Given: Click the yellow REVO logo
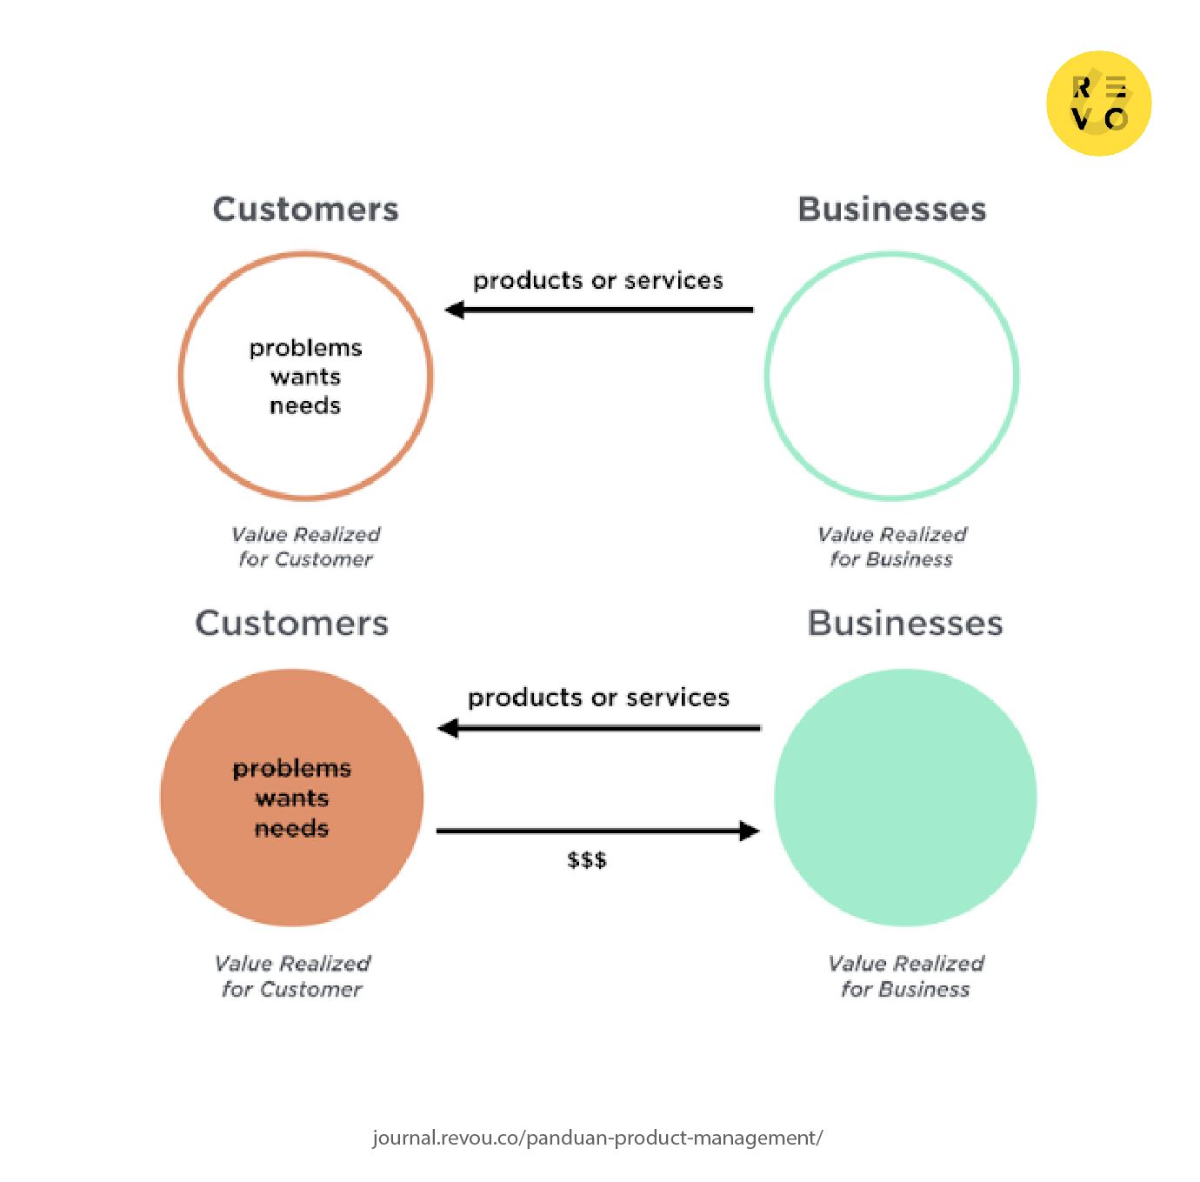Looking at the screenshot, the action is [x=1098, y=104].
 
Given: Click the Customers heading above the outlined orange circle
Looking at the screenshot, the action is [x=305, y=210].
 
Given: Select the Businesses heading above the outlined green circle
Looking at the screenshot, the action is [x=892, y=210].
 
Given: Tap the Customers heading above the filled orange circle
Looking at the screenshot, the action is [x=291, y=623].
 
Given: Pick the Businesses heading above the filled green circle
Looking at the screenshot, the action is [x=905, y=623].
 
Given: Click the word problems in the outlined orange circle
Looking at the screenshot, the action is [x=305, y=348].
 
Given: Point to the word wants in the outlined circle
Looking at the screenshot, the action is [x=305, y=377].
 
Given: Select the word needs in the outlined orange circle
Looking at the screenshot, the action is [x=305, y=405].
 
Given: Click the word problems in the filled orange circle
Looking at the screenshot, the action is [x=291, y=770].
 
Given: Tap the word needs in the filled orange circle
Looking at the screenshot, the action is [x=291, y=828].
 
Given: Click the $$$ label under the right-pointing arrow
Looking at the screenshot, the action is [x=587, y=860].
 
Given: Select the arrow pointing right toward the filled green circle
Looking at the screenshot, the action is [x=597, y=831].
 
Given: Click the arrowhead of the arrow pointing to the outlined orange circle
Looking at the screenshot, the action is [x=455, y=310].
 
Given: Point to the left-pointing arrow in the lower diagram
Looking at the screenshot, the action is [x=599, y=728].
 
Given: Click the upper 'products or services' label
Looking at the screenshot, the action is [x=597, y=281].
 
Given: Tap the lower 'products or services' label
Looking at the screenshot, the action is [x=597, y=698].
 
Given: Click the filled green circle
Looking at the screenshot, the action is [x=905, y=798].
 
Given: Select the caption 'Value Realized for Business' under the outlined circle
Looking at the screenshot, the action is [x=892, y=547].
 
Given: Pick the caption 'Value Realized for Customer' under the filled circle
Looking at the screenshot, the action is [x=292, y=977].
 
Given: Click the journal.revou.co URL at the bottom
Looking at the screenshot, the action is [x=597, y=1138].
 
